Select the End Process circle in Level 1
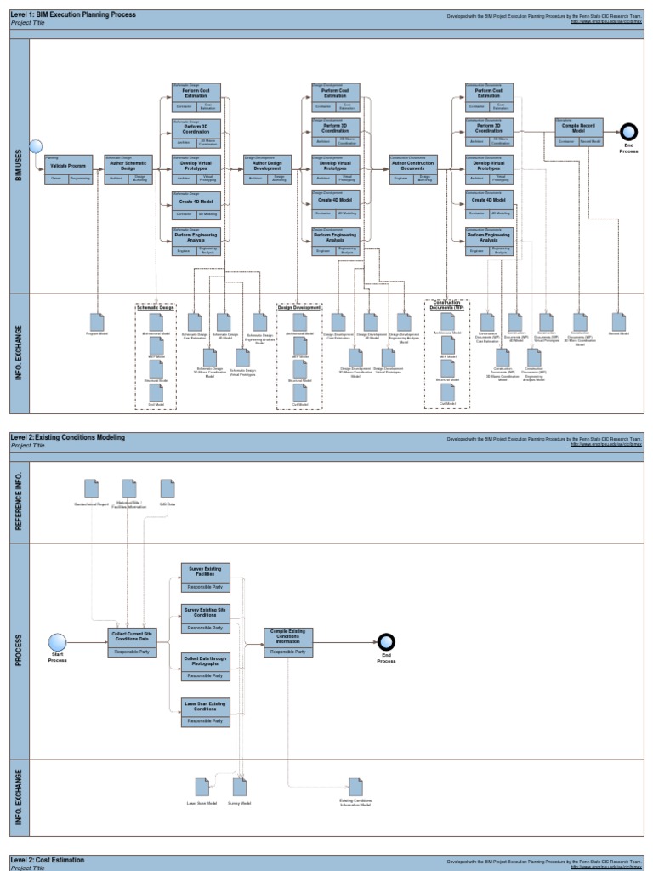628,131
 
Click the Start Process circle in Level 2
57,641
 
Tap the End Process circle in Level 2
386,641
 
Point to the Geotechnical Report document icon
91,487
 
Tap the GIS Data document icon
168,487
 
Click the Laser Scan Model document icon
202,787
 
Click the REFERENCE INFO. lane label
19,503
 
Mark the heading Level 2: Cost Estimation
49,862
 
